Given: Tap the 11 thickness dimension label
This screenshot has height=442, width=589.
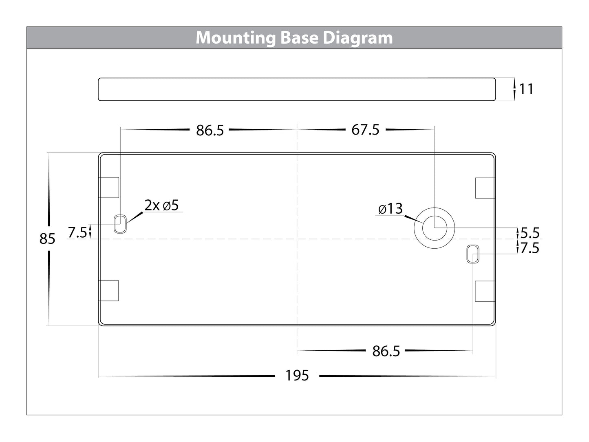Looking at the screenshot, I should point(526,89).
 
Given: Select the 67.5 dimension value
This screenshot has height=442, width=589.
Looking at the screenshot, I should point(365,130).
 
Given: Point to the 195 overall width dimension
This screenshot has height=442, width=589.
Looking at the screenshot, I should point(297,376).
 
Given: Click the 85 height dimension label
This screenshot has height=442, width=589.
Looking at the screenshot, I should point(47,239).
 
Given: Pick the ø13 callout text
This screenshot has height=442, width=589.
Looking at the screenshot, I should point(390,209).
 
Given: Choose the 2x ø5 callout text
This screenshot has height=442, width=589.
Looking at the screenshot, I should point(161,205).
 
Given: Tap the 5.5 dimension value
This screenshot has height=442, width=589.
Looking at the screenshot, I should point(530,233).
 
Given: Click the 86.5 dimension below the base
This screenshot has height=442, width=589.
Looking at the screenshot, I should point(386,351).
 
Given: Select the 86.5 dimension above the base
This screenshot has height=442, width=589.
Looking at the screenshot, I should point(210,130).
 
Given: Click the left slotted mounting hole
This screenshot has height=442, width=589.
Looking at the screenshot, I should point(120,223).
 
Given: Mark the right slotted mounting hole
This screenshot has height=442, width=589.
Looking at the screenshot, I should point(473,254).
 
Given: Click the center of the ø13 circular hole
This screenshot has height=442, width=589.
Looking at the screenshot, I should point(434,228).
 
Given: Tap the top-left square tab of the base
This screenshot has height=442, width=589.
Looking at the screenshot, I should point(109,188).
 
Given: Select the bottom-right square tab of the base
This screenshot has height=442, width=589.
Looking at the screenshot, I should point(485,291).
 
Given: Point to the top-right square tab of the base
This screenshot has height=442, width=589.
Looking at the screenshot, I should point(485,188).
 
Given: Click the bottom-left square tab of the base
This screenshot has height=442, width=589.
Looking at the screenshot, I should point(109,291).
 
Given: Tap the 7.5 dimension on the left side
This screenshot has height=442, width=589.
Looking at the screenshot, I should point(77,232).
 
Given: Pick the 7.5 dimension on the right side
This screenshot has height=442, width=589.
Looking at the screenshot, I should point(530,248).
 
